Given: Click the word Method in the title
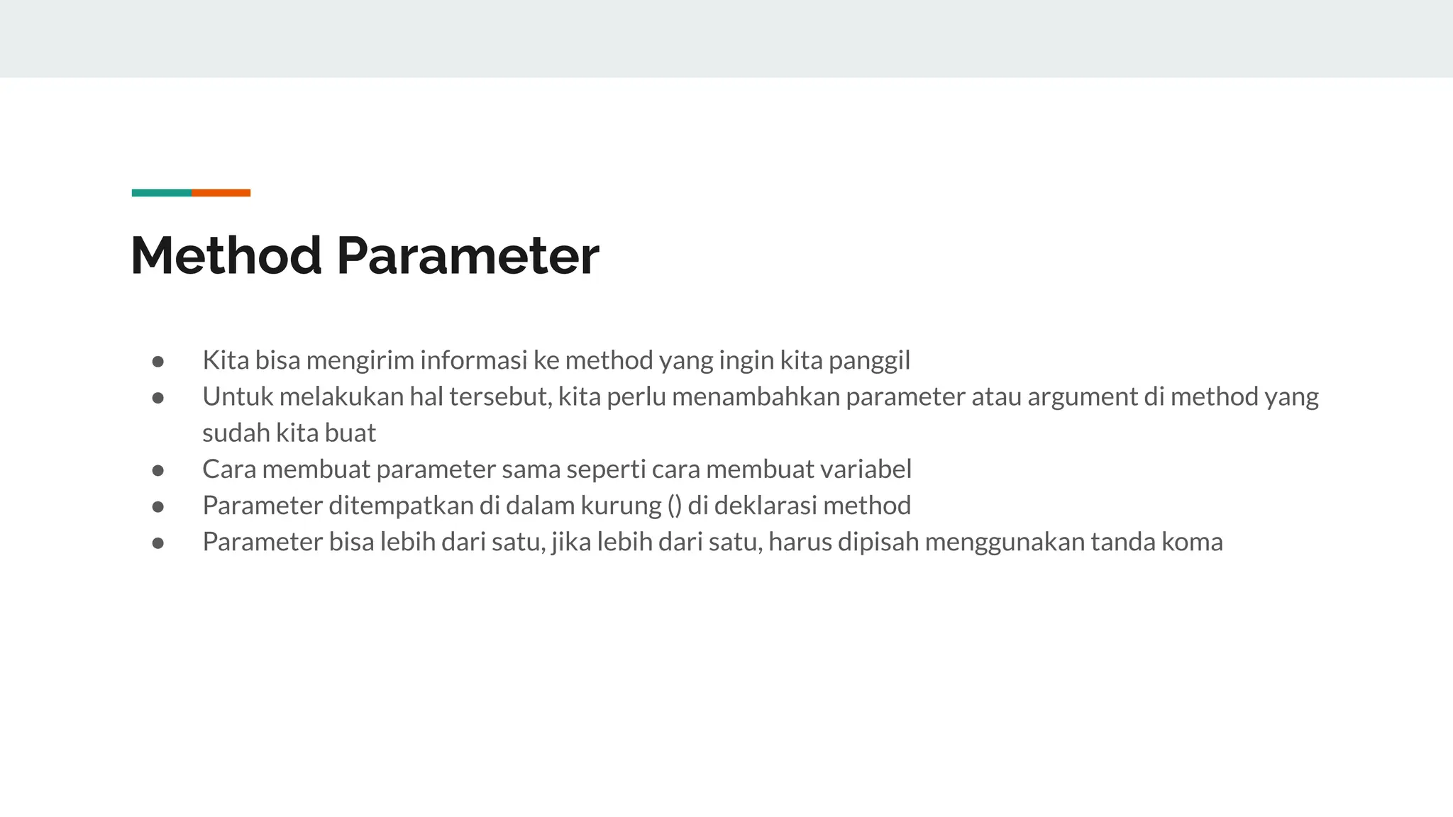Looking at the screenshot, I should tap(226, 255).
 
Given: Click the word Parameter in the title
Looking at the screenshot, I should tap(468, 255).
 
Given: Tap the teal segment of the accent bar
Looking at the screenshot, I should tap(162, 193).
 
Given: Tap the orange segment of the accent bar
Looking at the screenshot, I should tap(221, 193).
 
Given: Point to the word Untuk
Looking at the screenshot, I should tap(237, 396).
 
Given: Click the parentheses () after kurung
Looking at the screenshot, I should tap(674, 506).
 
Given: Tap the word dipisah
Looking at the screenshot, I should tap(878, 543).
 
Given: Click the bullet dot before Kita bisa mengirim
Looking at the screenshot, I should tap(158, 362).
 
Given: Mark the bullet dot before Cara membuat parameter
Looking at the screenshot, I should tap(158, 470).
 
